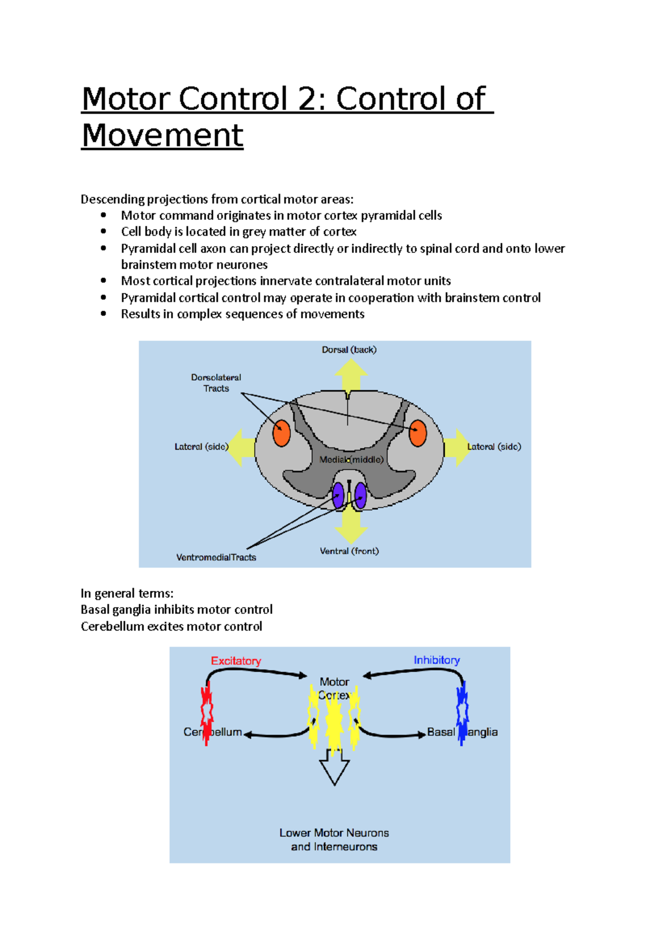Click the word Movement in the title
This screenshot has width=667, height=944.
162,135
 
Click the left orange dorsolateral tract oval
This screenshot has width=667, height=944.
282,433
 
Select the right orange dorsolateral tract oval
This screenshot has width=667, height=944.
417,433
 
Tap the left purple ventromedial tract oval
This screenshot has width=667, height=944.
338,495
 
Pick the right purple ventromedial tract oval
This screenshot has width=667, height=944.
360,495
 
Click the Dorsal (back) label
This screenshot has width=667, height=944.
349,350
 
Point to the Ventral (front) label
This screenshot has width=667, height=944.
349,551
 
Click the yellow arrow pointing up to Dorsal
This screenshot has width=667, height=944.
351,375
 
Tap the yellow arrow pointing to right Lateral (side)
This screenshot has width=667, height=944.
456,448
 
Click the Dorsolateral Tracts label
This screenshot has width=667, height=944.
216,382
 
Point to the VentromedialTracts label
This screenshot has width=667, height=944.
216,557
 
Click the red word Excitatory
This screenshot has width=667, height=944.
236,660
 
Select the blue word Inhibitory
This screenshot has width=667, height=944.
436,660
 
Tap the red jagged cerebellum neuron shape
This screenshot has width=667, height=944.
207,713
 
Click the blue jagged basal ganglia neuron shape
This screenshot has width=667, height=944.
462,713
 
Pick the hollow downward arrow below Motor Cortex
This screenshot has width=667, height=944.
334,768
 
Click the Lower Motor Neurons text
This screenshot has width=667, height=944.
334,833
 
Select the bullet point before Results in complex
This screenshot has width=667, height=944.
103,314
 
